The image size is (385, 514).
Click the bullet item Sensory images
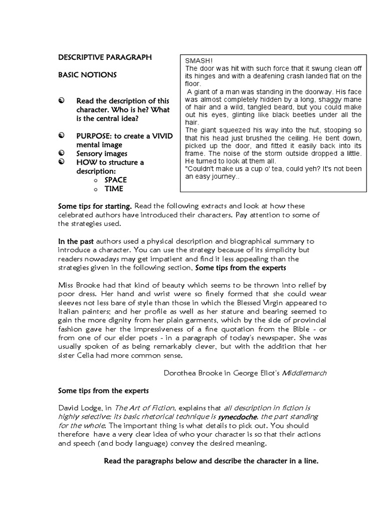102,154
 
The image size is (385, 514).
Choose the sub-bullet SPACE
115,180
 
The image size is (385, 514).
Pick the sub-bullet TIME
114,189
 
